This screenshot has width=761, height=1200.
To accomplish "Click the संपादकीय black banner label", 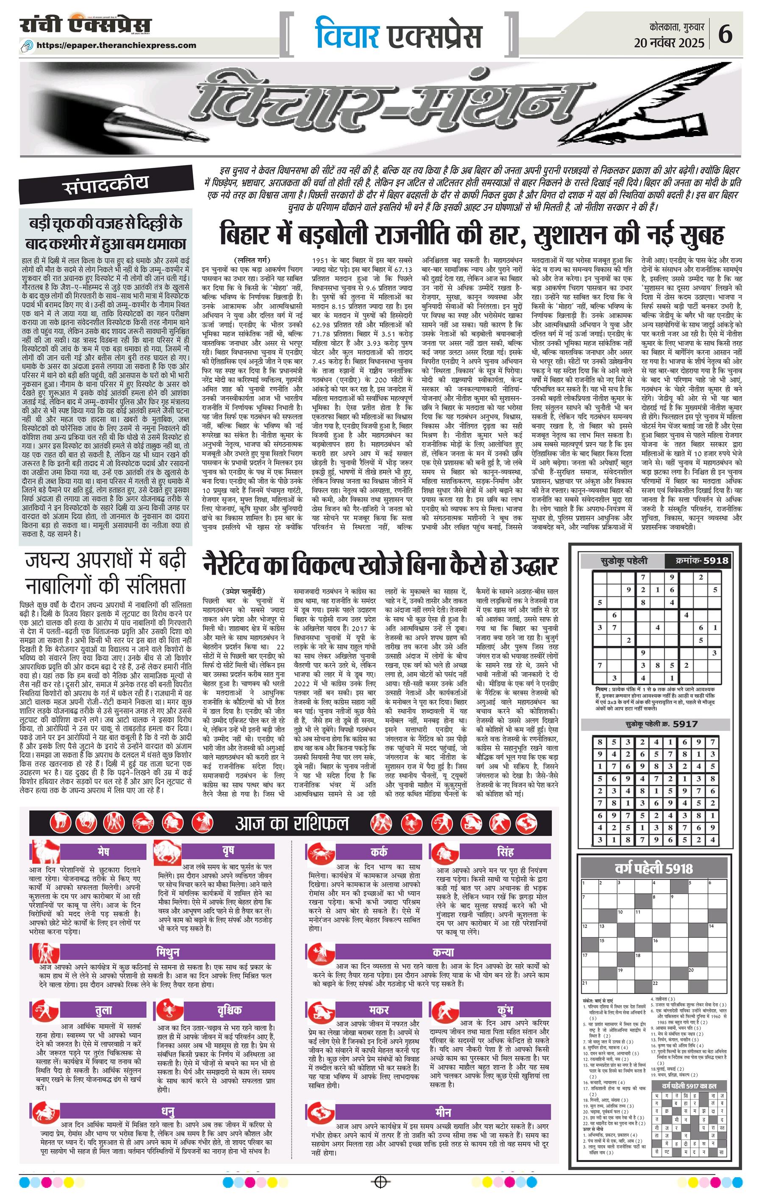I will [x=107, y=185].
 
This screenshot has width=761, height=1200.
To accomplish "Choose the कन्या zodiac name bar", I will [x=444, y=952].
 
